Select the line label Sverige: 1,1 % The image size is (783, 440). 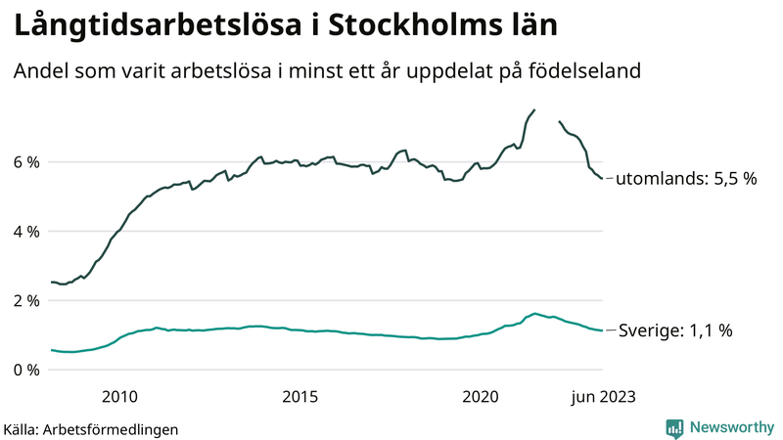(x=674, y=331)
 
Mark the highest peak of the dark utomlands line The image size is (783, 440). (x=533, y=110)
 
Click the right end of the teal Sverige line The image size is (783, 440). (x=602, y=330)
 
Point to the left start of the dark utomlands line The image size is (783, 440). (x=52, y=282)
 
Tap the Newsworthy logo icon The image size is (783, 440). (x=674, y=427)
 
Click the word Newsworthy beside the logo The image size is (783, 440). (x=730, y=427)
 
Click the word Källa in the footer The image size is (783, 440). (x=22, y=429)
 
